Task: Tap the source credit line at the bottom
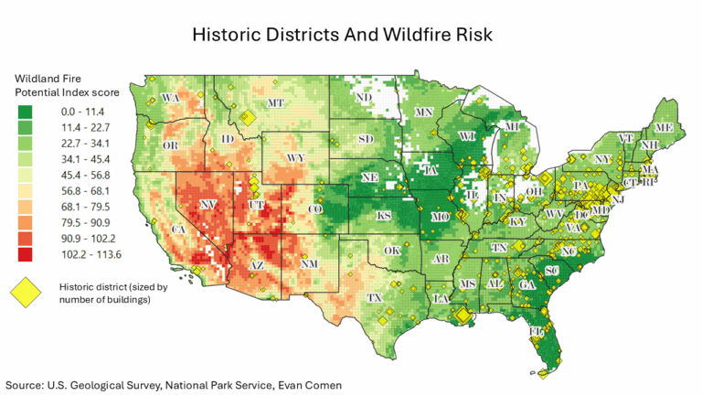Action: [x=174, y=385]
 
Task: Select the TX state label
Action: [x=375, y=298]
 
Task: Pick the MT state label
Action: [x=275, y=104]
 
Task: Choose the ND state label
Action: [x=363, y=97]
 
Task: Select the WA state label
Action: [x=170, y=98]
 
